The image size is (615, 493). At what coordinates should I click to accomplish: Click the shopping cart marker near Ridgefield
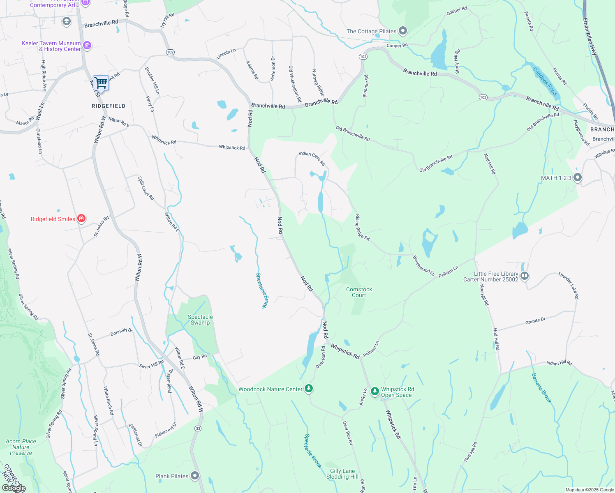pos(101,83)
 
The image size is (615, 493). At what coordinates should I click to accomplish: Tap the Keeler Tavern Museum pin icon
pos(87,46)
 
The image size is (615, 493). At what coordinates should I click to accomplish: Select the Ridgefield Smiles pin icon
pos(81,219)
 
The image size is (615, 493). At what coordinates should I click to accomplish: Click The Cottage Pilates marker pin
pos(403,31)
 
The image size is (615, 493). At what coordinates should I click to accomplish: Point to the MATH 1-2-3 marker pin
pos(578,177)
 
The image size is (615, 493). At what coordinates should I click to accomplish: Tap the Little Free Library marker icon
pos(524,276)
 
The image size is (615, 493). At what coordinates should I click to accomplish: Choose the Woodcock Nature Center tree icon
pos(309,389)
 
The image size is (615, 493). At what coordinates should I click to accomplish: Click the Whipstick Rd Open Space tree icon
pos(375,391)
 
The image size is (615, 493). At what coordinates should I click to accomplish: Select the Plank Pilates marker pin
pos(195,476)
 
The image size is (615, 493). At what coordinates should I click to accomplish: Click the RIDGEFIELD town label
pos(109,106)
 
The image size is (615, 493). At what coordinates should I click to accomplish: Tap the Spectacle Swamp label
pos(200,320)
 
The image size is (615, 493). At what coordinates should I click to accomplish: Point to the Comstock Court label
pos(359,292)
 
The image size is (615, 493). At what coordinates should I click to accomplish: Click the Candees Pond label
pos(545,81)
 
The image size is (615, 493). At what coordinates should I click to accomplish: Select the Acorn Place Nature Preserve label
pos(21,447)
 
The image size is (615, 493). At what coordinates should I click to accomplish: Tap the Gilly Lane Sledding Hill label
pos(342,474)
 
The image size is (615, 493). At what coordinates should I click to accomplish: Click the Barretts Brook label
pos(541,388)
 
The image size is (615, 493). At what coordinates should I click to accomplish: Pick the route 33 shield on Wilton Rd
pos(198,428)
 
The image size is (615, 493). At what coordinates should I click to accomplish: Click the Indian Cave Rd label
pos(312,159)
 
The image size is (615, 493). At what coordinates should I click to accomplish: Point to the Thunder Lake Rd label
pos(569,285)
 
